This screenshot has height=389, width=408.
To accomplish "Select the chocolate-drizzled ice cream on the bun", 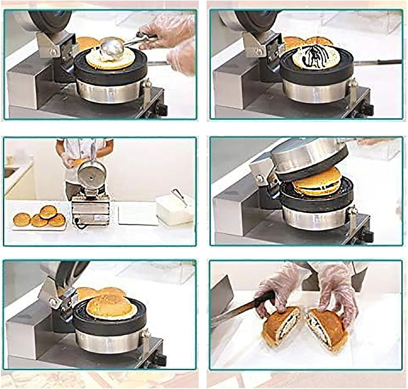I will (316, 57).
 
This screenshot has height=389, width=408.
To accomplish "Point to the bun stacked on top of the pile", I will (48, 211).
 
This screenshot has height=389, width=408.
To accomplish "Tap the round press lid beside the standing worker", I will (92, 174).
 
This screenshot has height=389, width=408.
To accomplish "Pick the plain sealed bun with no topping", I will (111, 307).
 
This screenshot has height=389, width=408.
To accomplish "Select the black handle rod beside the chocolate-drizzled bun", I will (379, 62).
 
